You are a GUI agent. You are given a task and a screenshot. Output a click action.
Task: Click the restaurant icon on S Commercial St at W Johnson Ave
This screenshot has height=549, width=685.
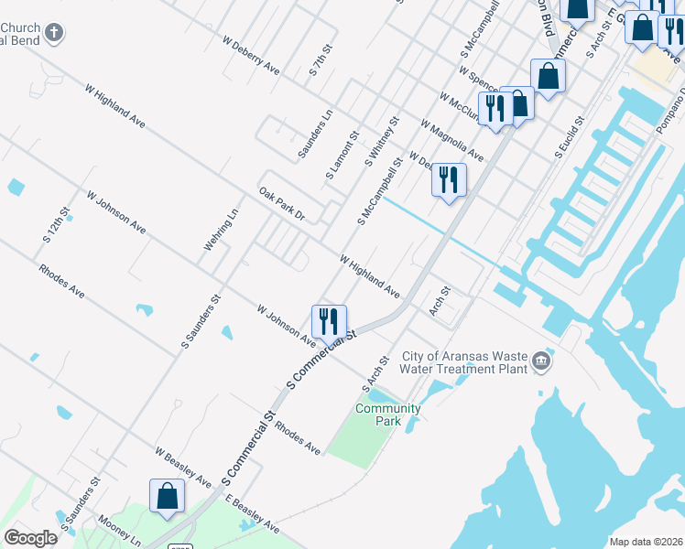pos(329,321)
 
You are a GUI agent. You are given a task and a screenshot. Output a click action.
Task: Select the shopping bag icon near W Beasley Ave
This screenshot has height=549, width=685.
pos(168,496)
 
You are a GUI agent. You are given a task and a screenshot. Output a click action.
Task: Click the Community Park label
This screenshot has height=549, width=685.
pos(387,414)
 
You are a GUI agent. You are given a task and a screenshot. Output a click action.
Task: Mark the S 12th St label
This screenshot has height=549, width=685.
pos(56,224)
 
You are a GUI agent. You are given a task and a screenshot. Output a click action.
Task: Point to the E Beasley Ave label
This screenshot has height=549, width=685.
pos(252,514)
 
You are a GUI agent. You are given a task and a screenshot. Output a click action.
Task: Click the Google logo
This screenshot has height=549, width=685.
pos(30,538)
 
